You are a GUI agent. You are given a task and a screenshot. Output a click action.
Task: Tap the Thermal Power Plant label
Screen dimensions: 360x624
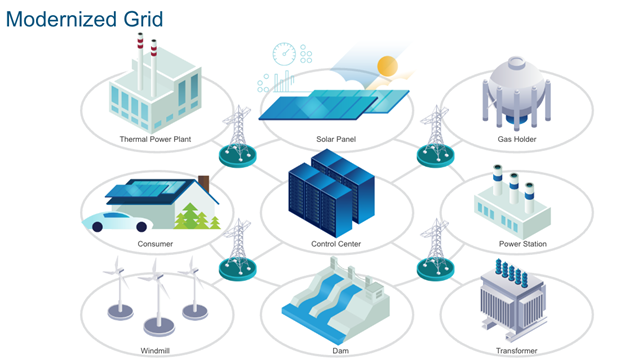pyautogui.click(x=155, y=139)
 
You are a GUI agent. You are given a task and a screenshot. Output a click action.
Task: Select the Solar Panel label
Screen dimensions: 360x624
pyautogui.click(x=336, y=139)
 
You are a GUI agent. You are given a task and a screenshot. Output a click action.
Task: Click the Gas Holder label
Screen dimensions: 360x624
pyautogui.click(x=516, y=139)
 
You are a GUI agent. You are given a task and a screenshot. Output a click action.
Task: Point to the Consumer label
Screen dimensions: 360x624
pyautogui.click(x=155, y=244)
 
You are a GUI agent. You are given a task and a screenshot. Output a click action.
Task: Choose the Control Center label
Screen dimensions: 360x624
pyautogui.click(x=336, y=244)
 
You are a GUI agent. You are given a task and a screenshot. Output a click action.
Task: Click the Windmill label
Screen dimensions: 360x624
pyautogui.click(x=155, y=350)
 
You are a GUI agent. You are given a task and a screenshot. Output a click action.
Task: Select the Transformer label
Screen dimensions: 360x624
pyautogui.click(x=516, y=350)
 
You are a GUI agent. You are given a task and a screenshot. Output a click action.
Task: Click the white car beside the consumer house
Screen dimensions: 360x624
pyautogui.click(x=118, y=221)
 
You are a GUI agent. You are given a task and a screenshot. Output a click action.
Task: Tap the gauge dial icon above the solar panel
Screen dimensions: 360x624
pyautogui.click(x=285, y=54)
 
